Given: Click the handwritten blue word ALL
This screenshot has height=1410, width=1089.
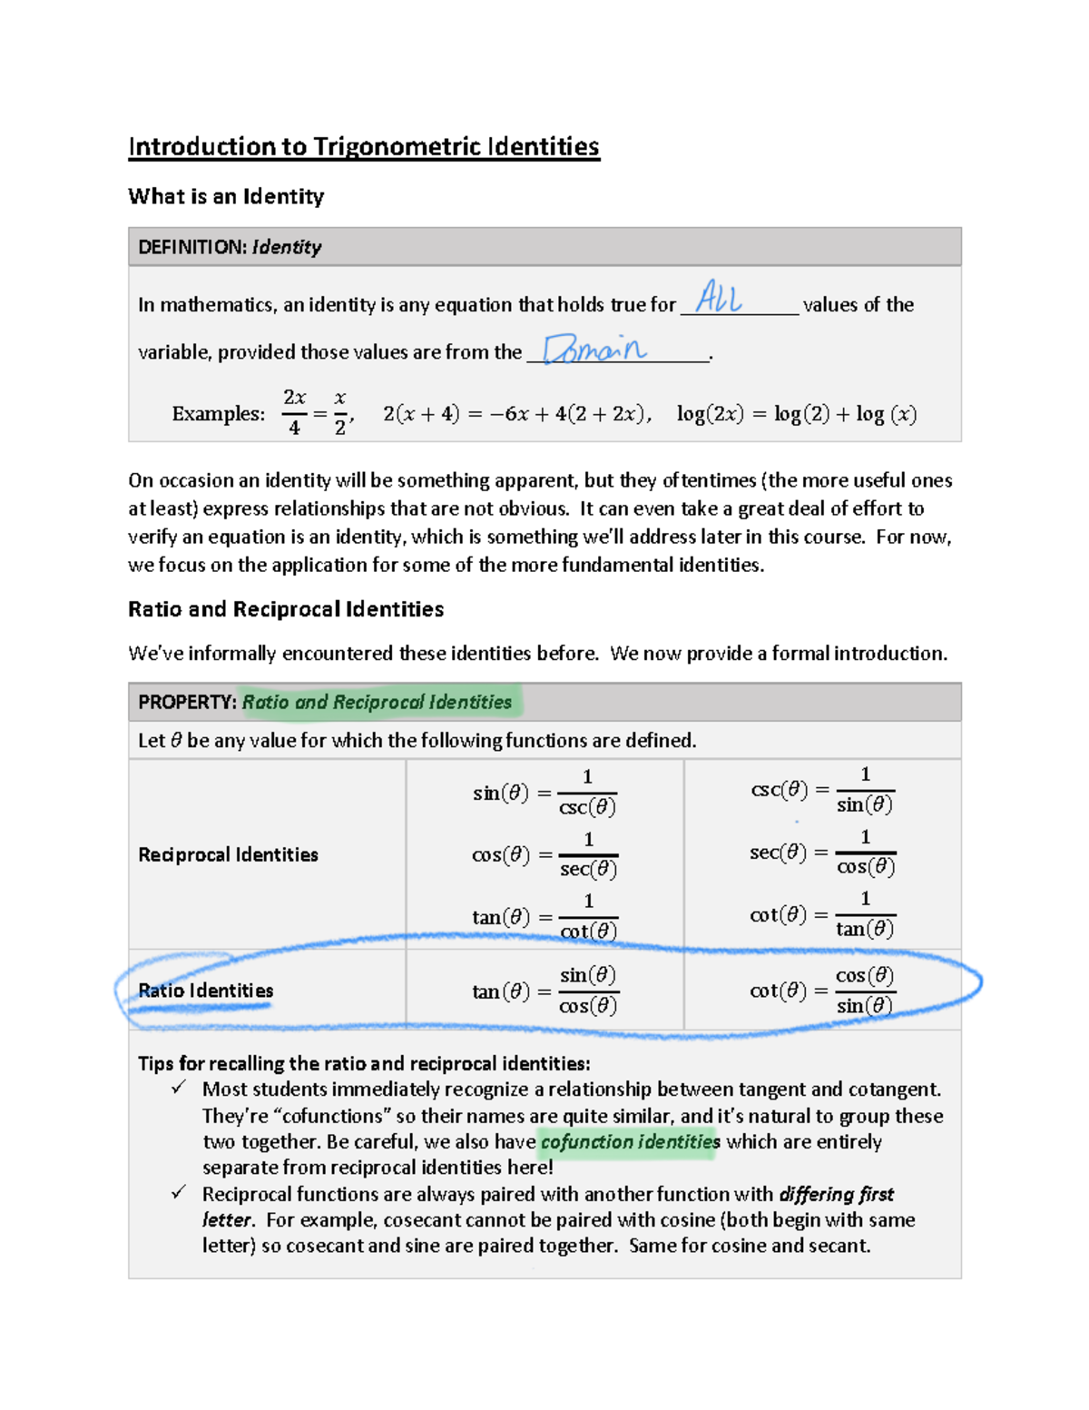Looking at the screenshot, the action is coord(719,298).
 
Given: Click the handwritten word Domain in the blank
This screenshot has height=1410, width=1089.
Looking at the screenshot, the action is coord(594,350).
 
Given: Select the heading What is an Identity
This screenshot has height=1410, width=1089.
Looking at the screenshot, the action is coord(226,196).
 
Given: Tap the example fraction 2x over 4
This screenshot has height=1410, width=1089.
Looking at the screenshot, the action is coord(294,412).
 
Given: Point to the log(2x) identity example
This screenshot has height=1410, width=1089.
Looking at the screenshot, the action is coord(796,414).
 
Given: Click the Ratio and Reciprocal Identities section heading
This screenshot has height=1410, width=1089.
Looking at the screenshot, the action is coord(286,609).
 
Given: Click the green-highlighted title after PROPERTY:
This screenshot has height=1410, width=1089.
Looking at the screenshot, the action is coord(377,702).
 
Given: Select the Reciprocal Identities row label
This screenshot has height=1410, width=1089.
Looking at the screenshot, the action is coord(228,854).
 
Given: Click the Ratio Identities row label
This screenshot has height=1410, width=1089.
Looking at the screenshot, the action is coord(205,991).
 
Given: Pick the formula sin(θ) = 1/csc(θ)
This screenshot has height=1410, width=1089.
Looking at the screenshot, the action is coord(544,793).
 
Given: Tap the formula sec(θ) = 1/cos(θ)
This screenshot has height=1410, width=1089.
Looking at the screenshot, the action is coord(822,853).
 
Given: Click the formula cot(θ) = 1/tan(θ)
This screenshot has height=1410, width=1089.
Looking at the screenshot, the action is coord(822,914).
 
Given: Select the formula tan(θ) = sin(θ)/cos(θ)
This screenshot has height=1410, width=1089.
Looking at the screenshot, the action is coord(544,991).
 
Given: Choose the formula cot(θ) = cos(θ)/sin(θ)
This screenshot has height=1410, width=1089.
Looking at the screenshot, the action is coord(822,991).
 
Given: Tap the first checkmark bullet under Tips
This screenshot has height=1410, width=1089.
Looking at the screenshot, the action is coord(179,1088).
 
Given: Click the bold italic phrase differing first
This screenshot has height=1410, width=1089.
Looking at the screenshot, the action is coord(836,1194).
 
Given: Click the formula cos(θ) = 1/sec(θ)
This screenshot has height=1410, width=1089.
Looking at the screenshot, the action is coord(544,854).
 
